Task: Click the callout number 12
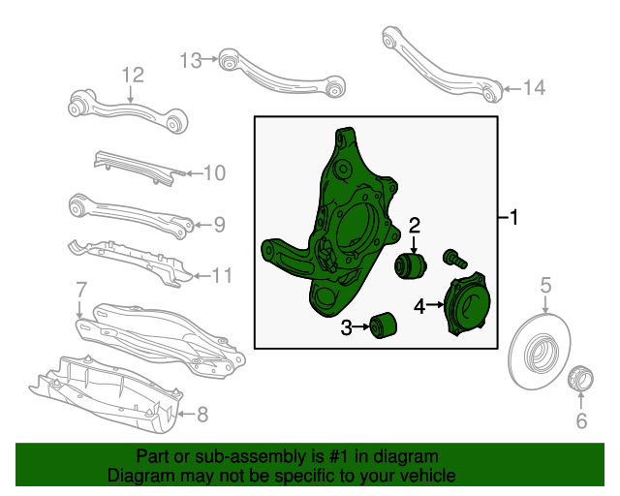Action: [132, 75]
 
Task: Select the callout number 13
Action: [191, 61]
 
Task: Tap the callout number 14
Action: [534, 88]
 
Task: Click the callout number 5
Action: [545, 285]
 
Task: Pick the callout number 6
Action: [581, 419]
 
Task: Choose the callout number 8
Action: [81, 290]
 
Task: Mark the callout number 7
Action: [201, 416]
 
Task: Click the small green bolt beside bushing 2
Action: [453, 258]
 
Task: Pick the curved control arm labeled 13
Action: [281, 72]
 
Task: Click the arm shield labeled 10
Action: [136, 166]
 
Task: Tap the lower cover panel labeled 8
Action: [107, 392]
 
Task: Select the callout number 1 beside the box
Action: [513, 219]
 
